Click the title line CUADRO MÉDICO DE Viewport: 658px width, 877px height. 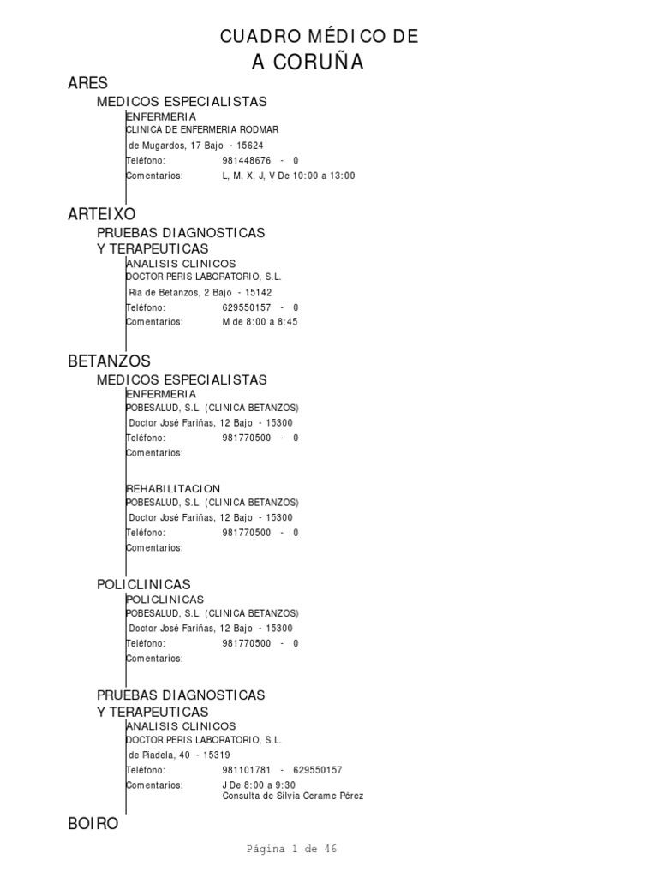[320, 36]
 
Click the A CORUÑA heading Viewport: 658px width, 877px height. [308, 62]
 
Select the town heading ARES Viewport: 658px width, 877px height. [87, 83]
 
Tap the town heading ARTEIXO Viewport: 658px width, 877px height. [101, 214]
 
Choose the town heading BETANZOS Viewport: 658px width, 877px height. [109, 361]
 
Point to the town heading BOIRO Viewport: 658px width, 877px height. [93, 824]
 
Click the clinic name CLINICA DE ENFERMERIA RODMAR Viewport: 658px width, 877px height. [202, 129]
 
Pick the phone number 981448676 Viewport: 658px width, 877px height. [247, 160]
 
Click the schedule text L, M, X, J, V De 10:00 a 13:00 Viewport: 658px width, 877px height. [288, 176]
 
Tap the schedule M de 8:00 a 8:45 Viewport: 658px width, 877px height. [260, 322]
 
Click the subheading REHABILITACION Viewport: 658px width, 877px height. [173, 488]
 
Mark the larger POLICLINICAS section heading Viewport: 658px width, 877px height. [143, 584]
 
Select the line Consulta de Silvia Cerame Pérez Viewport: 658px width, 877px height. [292, 796]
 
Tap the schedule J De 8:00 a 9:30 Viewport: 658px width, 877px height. [259, 785]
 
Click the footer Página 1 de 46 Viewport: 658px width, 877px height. [291, 849]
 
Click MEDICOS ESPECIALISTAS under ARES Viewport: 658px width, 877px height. [182, 101]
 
